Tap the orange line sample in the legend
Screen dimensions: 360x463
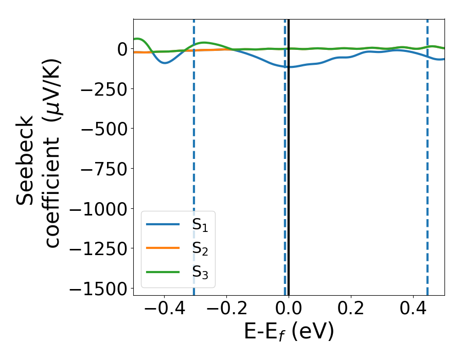tap(163, 248)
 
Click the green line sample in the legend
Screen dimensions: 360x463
tap(163, 272)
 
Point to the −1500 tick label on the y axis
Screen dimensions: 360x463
tap(98, 289)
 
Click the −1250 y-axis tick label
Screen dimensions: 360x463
tap(98, 249)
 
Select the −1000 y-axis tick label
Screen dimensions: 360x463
tap(98, 209)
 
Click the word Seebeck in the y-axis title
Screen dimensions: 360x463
tap(26, 159)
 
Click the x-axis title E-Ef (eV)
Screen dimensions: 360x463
tap(289, 332)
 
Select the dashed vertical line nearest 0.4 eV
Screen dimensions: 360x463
tap(428, 154)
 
